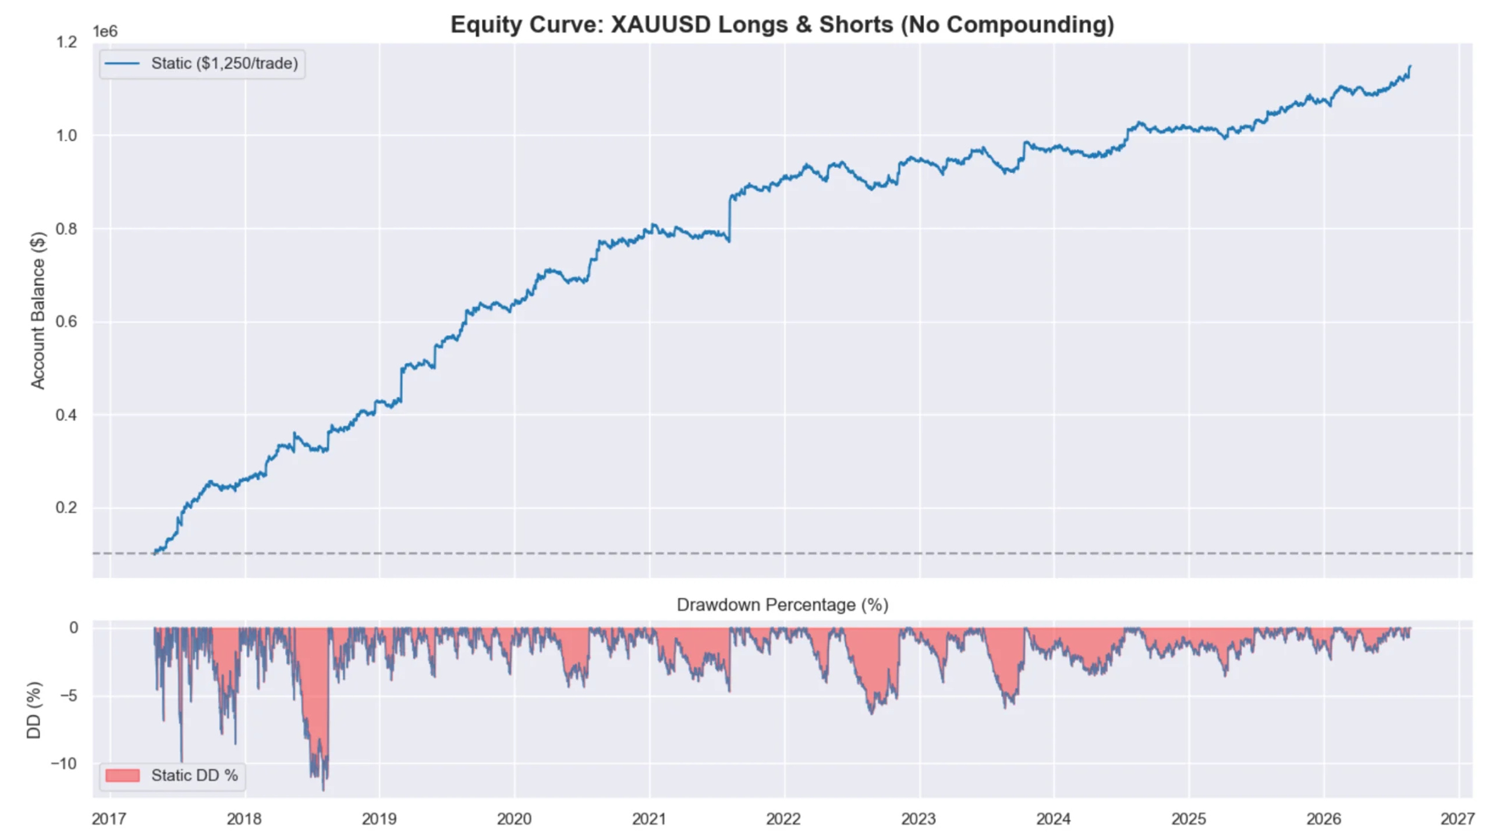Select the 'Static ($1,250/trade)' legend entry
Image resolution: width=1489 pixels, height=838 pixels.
[202, 63]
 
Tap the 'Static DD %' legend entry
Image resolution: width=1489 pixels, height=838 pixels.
[172, 776]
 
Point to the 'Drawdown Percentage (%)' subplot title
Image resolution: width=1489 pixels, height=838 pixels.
[782, 605]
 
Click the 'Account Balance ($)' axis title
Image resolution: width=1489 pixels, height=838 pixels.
[38, 311]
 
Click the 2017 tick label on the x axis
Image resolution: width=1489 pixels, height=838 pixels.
[109, 819]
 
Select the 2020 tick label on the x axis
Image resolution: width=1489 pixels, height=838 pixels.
[514, 819]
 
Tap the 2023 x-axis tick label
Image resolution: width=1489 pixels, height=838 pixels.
[919, 819]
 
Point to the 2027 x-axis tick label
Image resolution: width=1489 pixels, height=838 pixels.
[1458, 819]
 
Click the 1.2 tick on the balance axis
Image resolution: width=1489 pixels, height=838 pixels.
[66, 42]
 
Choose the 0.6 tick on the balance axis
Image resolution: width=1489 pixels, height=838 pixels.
[66, 322]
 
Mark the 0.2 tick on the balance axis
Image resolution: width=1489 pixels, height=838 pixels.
[66, 507]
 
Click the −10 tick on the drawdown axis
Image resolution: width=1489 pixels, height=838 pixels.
[63, 764]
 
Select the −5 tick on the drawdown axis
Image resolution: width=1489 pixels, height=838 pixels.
[69, 695]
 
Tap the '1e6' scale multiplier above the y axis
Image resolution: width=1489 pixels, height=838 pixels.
[105, 31]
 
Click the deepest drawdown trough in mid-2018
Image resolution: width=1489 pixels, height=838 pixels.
[324, 789]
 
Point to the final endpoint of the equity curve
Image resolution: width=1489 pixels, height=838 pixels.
[1410, 66]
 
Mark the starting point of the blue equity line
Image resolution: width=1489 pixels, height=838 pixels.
[154, 553]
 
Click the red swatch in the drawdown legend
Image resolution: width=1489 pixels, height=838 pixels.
[122, 776]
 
